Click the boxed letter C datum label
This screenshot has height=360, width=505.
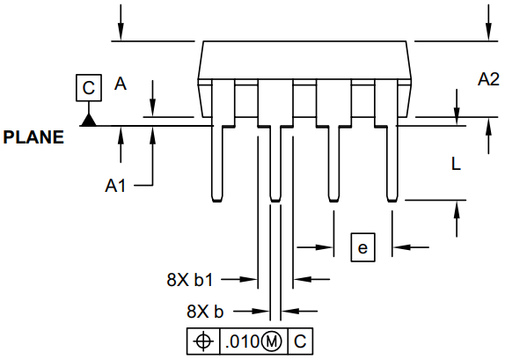click(88, 88)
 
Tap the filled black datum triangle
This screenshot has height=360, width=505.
click(88, 119)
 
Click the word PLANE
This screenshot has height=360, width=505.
click(33, 137)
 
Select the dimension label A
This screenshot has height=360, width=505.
click(121, 84)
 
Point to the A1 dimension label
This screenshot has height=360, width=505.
click(117, 186)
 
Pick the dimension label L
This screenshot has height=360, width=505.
click(455, 164)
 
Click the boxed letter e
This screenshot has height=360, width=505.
click(362, 247)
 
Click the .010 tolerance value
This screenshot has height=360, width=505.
click(241, 341)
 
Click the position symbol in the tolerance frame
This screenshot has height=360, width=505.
click(202, 341)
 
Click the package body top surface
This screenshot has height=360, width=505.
click(307, 41)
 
